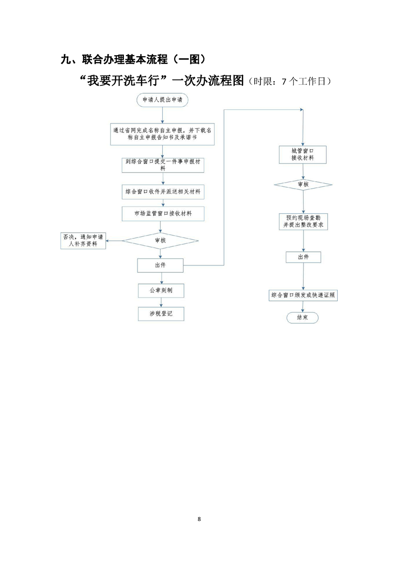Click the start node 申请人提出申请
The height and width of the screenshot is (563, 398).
[x=162, y=100]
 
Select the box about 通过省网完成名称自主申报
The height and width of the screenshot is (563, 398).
[x=162, y=133]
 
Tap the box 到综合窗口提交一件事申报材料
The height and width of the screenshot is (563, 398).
[x=162, y=166]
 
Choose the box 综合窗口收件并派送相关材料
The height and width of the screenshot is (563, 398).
[x=162, y=192]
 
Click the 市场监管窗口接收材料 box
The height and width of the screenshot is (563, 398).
[x=162, y=213]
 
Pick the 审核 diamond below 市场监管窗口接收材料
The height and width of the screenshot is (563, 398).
[x=160, y=240]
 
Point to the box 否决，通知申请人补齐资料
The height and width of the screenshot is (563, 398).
[x=83, y=240]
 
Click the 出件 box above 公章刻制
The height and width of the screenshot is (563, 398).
[x=160, y=265]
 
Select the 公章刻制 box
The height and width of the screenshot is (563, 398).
[x=160, y=290]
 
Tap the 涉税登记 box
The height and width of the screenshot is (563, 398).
[x=160, y=314]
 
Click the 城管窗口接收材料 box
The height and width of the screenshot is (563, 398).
[x=303, y=154]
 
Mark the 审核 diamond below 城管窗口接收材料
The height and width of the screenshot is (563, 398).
[x=303, y=185]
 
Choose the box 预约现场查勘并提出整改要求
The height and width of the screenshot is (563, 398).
[x=303, y=222]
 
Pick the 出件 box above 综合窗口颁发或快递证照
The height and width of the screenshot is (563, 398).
[x=303, y=257]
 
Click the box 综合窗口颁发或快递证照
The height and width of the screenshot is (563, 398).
[x=303, y=296]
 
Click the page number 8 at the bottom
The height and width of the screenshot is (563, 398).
[x=199, y=518]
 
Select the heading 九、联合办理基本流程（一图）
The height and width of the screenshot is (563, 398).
[x=132, y=60]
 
